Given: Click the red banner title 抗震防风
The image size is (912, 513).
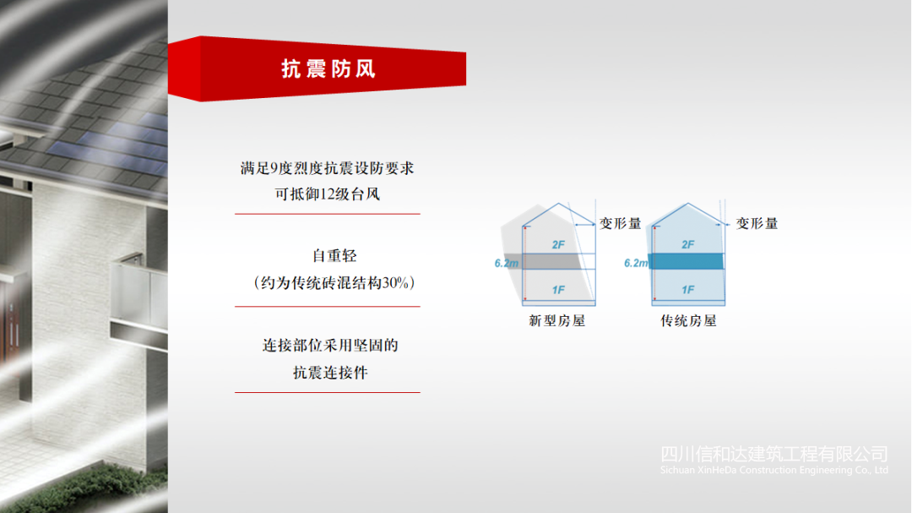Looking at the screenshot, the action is click(x=328, y=68).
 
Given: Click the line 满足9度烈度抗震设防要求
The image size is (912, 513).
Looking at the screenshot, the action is click(x=328, y=168).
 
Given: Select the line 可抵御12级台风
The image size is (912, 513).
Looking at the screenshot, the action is click(x=328, y=194).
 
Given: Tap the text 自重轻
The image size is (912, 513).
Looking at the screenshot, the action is click(x=334, y=255).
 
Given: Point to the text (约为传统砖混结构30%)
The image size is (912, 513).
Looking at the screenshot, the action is click(x=334, y=283).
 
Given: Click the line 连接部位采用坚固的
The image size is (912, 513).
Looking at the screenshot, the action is click(x=330, y=346).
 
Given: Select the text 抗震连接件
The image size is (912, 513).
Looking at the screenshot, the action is click(x=330, y=373).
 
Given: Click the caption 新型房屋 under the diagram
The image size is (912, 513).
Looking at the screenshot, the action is click(x=556, y=321).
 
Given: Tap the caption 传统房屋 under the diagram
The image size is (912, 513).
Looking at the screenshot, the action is click(x=688, y=321).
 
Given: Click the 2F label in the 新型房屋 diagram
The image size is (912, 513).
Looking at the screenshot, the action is click(x=558, y=244).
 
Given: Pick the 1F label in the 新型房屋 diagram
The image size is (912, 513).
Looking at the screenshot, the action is click(x=558, y=290).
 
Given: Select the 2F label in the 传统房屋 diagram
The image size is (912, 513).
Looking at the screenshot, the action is click(x=688, y=244).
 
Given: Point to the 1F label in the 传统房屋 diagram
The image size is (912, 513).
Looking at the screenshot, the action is click(x=688, y=290).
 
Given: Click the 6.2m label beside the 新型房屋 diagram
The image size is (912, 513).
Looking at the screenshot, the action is click(x=507, y=263).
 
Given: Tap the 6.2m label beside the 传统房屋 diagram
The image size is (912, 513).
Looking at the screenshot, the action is click(x=637, y=263).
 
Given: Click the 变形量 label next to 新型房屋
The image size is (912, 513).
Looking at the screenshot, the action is click(x=620, y=224).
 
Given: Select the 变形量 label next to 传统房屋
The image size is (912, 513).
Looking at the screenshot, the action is click(x=757, y=224).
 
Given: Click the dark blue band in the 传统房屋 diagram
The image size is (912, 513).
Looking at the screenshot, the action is click(x=687, y=261).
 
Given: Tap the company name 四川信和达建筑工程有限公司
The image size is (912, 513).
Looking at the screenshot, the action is click(x=774, y=454).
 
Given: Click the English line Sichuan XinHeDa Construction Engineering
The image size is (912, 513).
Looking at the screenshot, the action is click(x=774, y=470).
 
